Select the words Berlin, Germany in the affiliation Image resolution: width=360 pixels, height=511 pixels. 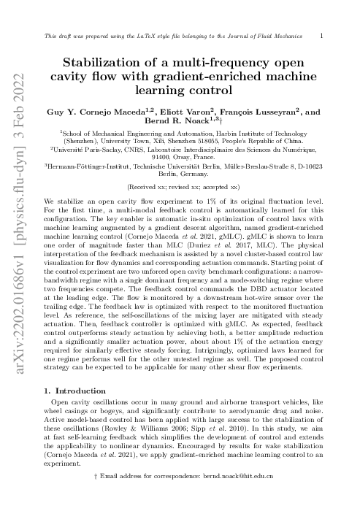[x=179, y=175]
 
